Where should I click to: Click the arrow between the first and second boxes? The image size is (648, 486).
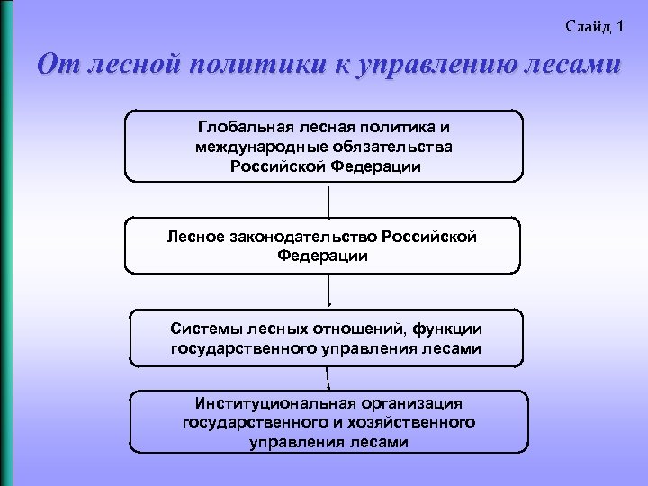329,200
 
